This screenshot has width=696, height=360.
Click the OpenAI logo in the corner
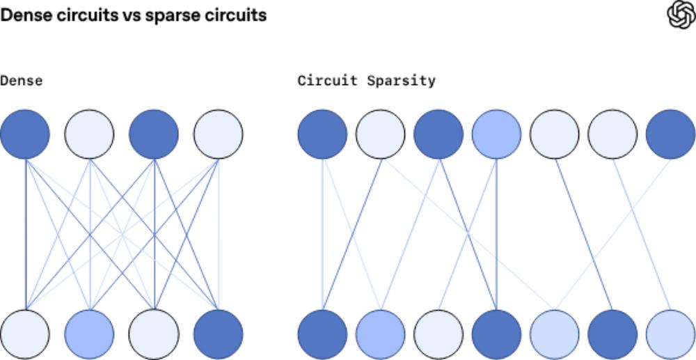[x=681, y=15]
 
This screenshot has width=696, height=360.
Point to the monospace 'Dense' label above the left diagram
[x=21, y=81]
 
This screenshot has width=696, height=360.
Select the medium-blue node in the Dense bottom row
[x=89, y=334]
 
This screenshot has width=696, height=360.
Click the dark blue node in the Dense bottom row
[x=219, y=334]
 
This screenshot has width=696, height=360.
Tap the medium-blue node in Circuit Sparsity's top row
[x=496, y=134]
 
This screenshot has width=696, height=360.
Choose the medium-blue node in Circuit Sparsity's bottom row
[x=380, y=334]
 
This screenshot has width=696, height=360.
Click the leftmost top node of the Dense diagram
[x=25, y=134]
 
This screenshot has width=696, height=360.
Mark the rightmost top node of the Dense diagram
[x=219, y=134]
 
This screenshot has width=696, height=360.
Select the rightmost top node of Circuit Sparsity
[x=670, y=134]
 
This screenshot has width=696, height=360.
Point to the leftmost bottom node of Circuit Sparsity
[x=322, y=334]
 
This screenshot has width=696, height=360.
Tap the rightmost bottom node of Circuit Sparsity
[x=670, y=334]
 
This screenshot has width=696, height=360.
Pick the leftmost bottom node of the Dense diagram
[x=25, y=334]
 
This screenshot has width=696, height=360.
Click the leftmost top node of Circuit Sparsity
[x=322, y=134]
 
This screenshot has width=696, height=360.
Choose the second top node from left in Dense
[x=89, y=134]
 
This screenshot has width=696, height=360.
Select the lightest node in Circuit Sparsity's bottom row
[x=438, y=334]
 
